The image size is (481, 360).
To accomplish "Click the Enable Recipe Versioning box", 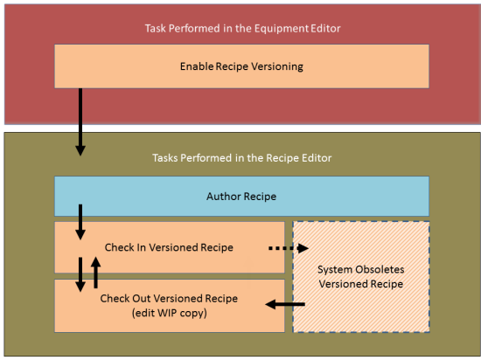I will pos(241,66).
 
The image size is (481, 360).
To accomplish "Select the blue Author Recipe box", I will pos(241,196).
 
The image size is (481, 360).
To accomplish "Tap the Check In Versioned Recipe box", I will pos(169,247).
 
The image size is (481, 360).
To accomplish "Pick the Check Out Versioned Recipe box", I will pos(169,306).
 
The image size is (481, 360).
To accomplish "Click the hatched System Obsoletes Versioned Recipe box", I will pos(360,275).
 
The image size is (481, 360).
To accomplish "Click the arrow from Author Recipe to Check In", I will pos(80,223).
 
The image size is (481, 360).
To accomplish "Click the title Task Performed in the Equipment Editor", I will pos(241,28).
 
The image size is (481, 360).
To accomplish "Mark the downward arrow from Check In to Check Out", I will pos(80,273).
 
